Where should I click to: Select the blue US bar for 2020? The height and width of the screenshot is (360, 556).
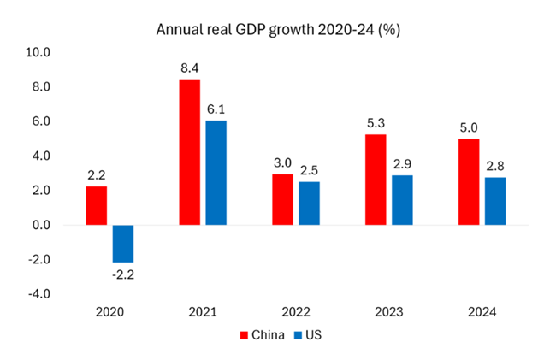[124, 244]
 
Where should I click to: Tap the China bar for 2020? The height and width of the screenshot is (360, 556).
[98, 206]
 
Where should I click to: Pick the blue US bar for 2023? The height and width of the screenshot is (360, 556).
[402, 200]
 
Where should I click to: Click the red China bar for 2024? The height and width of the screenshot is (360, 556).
[468, 182]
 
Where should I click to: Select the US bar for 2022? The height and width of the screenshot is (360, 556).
[309, 204]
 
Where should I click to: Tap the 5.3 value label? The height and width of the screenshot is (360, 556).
[376, 122]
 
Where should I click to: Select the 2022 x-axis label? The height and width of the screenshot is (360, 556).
[295, 312]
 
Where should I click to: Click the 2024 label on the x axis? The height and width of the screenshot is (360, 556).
[482, 312]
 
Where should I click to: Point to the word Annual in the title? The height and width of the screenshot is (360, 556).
[176, 29]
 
